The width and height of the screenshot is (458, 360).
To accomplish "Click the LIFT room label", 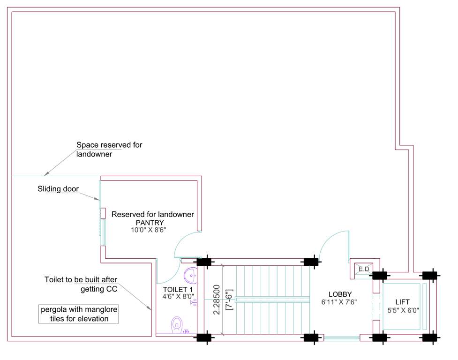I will (x=403, y=302).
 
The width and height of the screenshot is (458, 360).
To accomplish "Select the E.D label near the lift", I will (x=364, y=269).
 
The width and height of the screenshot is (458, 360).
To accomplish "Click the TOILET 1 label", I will (x=174, y=289).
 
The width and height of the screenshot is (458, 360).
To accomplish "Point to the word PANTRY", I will (x=150, y=222).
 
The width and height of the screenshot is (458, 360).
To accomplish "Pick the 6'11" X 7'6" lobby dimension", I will (x=339, y=302).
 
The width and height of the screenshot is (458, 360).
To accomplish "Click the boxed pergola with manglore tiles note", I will (x=79, y=314).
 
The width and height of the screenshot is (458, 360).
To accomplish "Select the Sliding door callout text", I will (x=58, y=189).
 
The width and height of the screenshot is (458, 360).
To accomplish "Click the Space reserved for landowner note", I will (x=109, y=149).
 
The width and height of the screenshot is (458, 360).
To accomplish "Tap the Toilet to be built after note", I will (x=81, y=284).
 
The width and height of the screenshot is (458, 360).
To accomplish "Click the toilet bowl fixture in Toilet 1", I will (x=177, y=323).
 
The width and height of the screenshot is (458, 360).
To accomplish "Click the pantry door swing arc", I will (x=184, y=243).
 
